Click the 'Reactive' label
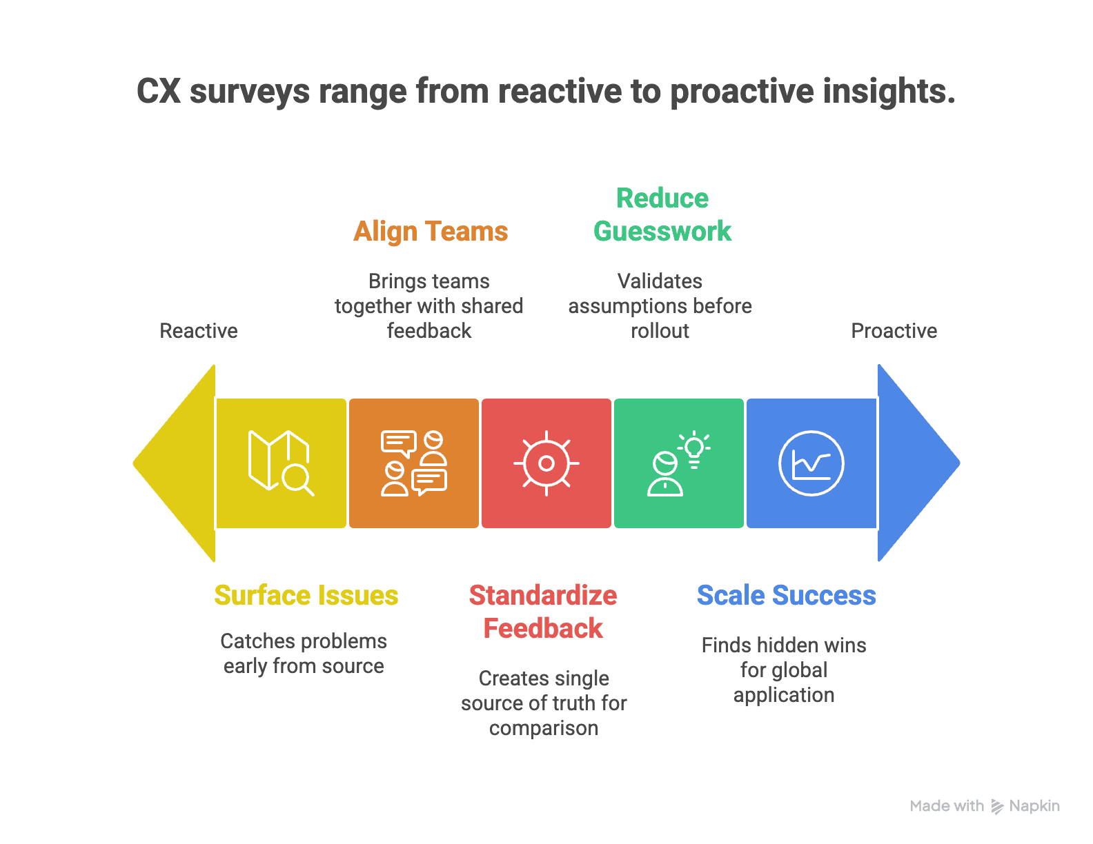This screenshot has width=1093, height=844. (x=199, y=331)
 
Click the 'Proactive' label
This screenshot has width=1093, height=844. (x=894, y=331)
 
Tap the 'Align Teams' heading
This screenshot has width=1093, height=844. (x=431, y=232)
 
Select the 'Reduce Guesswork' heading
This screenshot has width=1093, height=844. (x=662, y=214)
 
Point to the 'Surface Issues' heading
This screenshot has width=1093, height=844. (x=306, y=595)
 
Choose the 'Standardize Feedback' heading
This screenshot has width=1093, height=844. (x=543, y=612)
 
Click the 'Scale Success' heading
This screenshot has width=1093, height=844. (x=787, y=595)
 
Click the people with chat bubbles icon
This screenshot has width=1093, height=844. (x=414, y=463)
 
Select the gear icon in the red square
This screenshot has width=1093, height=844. (x=546, y=463)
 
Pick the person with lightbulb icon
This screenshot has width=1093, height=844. (x=679, y=463)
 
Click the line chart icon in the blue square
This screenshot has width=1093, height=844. (x=811, y=463)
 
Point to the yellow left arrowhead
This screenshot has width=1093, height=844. (x=175, y=463)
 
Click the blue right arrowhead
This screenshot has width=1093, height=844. (x=918, y=463)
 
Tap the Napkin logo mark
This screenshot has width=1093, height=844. (x=997, y=806)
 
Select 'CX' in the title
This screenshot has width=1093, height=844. (x=159, y=91)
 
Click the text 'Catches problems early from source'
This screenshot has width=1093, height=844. (x=304, y=654)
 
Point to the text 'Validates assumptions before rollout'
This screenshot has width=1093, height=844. (x=660, y=306)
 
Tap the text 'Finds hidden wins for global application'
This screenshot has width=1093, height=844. (x=784, y=670)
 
